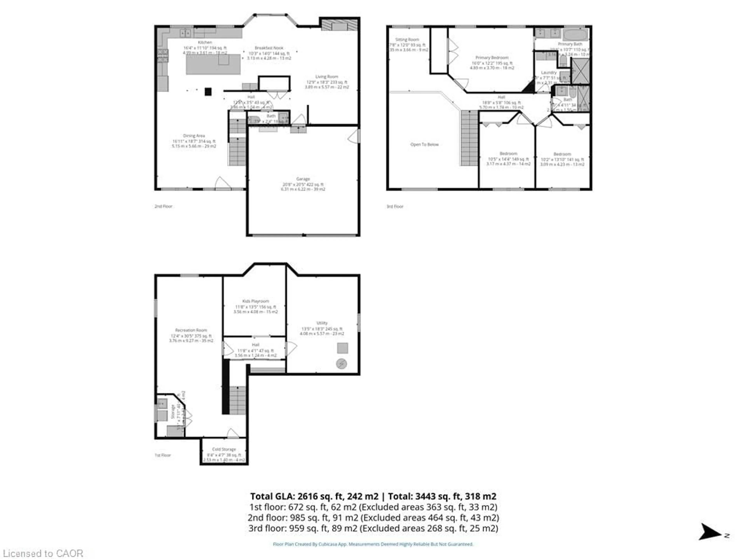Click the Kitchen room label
pyautogui.click(x=205, y=43)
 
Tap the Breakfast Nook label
pyautogui.click(x=269, y=48)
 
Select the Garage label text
pyautogui.click(x=303, y=179)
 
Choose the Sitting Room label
pyautogui.click(x=407, y=39)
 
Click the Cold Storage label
pyautogui.click(x=224, y=449)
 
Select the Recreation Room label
pyautogui.click(x=191, y=330)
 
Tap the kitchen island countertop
pyautogui.click(x=213, y=64)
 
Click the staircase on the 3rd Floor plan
pyautogui.click(x=469, y=138)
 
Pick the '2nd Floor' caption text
pyautogui.click(x=163, y=206)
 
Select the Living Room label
pyautogui.click(x=326, y=77)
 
